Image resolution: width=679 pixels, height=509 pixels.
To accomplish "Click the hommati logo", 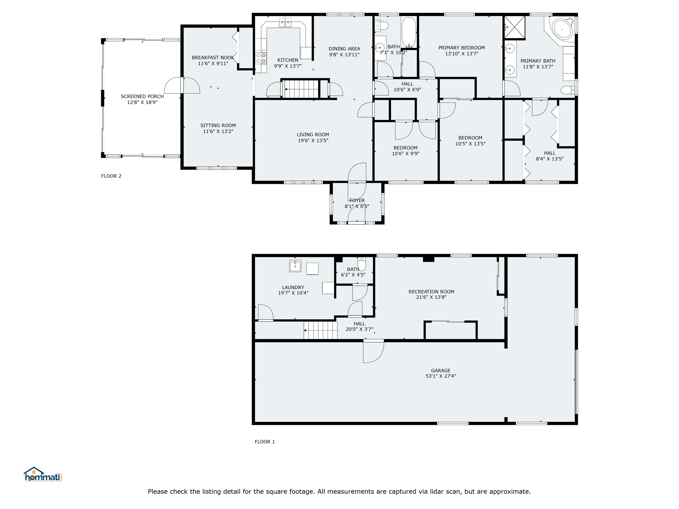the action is [x=43, y=475].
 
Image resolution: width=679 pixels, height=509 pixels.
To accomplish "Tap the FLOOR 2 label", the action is [x=111, y=176].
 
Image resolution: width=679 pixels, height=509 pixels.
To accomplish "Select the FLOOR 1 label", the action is [x=265, y=441].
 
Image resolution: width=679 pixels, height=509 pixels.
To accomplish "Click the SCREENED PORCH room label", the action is [x=142, y=96].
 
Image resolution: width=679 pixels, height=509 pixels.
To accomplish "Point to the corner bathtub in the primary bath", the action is [x=561, y=30].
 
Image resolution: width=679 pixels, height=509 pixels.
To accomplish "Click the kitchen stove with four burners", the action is [x=261, y=58].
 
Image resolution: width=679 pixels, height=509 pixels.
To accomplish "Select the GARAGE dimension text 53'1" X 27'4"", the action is [x=441, y=376].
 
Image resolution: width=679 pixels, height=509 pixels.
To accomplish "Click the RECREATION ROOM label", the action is [x=431, y=292].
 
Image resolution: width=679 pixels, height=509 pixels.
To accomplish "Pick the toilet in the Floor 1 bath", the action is [x=362, y=264].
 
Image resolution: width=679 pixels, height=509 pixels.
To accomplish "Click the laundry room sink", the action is [x=295, y=266].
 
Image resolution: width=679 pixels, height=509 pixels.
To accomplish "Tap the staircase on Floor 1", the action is [x=320, y=330].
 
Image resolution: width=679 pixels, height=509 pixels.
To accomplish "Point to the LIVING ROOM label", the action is [x=313, y=135].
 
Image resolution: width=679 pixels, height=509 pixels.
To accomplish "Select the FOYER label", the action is [x=357, y=200].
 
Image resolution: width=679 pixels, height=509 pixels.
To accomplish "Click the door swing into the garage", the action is [x=374, y=351].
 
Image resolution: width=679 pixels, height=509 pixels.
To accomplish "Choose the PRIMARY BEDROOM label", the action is [x=461, y=48].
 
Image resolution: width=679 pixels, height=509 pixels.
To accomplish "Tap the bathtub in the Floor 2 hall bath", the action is [x=409, y=32].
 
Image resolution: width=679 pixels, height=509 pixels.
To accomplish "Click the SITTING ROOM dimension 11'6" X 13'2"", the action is [x=218, y=131].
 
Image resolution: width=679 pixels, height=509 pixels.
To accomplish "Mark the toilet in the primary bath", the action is [x=568, y=90].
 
